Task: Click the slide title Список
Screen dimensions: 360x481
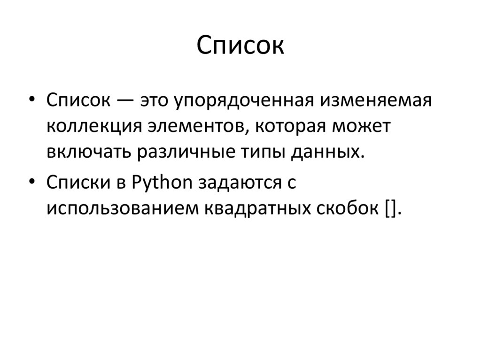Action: tap(240, 46)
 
